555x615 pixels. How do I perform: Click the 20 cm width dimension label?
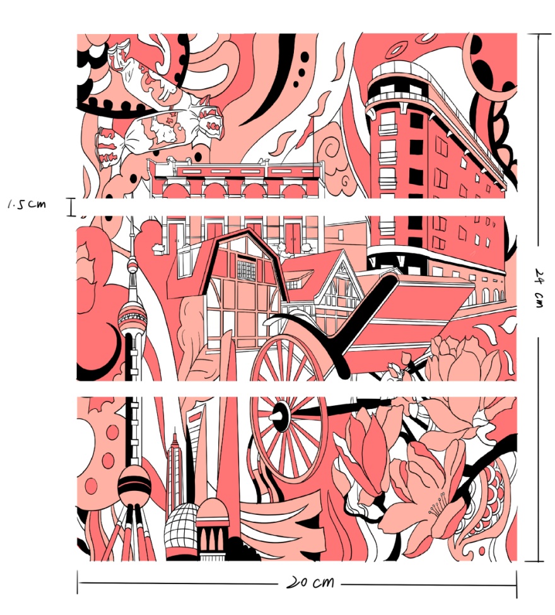coord(310,582)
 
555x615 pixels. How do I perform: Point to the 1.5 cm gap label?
coord(26,204)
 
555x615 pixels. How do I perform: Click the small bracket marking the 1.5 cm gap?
coord(71,207)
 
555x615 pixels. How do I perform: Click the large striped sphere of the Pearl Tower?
coord(134,485)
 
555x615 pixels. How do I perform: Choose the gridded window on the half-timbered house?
coord(246,270)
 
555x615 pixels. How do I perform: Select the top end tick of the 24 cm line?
coord(539,35)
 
